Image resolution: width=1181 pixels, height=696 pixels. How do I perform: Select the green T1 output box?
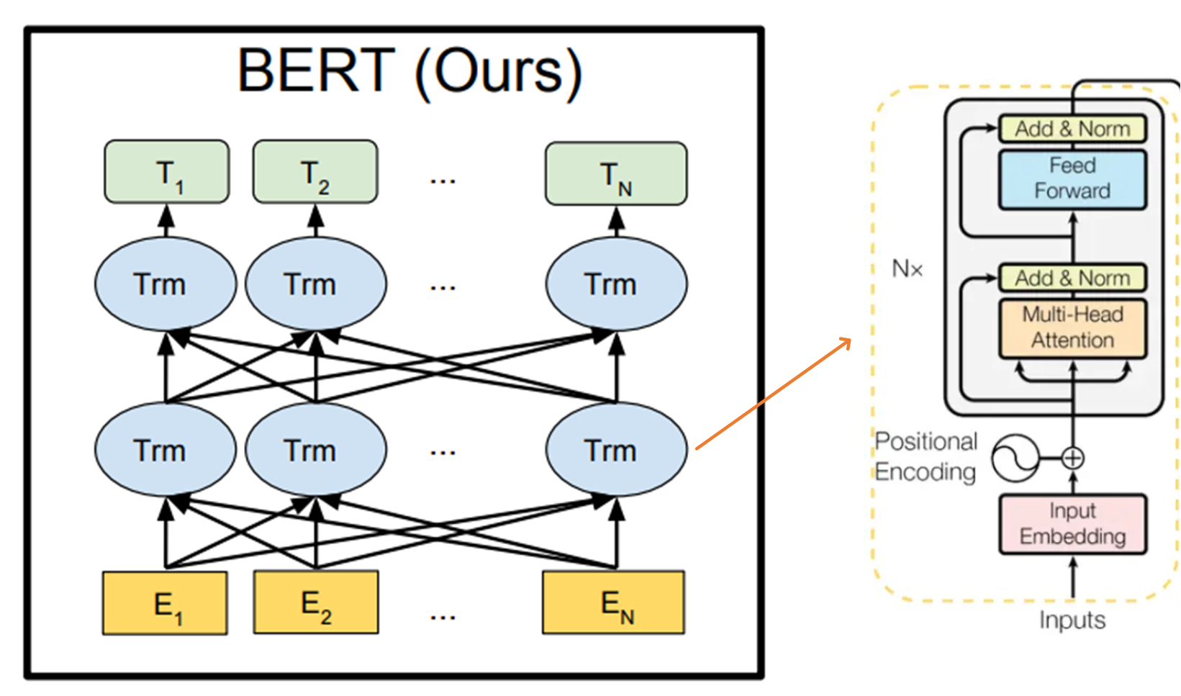click(167, 171)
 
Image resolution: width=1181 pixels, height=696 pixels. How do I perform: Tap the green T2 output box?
click(315, 171)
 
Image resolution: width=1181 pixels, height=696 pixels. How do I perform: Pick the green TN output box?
click(616, 173)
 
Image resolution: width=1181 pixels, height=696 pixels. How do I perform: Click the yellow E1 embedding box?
click(165, 603)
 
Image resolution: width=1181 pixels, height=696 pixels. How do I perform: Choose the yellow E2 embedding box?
click(316, 602)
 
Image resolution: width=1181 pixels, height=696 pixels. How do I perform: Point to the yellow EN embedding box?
click(613, 603)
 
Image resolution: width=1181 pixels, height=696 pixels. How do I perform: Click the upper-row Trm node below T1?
click(166, 284)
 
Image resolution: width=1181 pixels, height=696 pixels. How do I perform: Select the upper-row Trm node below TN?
click(616, 284)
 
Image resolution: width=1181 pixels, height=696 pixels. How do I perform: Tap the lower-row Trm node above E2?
click(316, 451)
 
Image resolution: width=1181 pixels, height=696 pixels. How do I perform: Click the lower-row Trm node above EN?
click(616, 451)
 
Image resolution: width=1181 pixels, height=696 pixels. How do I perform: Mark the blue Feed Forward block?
click(1072, 179)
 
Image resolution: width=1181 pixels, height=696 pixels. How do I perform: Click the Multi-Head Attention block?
click(1072, 327)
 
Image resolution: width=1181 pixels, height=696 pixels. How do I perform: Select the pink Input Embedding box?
click(1072, 523)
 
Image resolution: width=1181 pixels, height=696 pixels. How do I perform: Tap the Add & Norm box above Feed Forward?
click(1072, 129)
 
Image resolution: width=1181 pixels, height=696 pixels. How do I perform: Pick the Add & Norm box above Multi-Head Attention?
click(1072, 278)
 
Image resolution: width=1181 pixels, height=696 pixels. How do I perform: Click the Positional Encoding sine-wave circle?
click(1015, 458)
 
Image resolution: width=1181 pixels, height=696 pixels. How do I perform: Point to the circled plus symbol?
click(1073, 458)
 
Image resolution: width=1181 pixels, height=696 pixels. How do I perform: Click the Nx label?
click(907, 269)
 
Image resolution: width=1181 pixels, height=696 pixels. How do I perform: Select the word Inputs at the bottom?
click(1072, 620)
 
